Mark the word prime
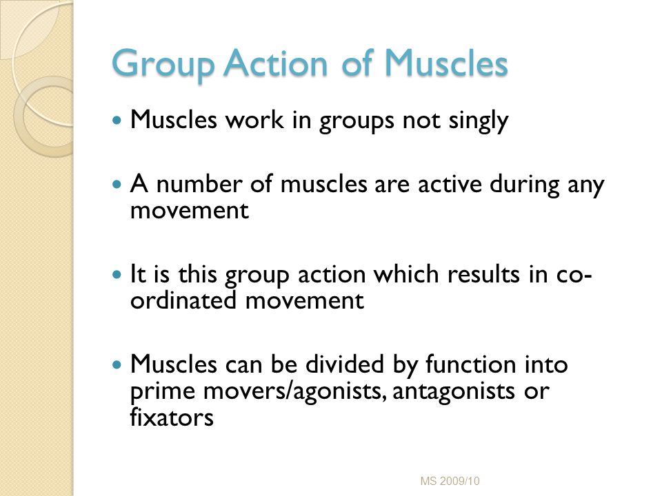click(x=157, y=391)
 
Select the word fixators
click(x=168, y=416)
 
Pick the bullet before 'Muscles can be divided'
click(x=117, y=364)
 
